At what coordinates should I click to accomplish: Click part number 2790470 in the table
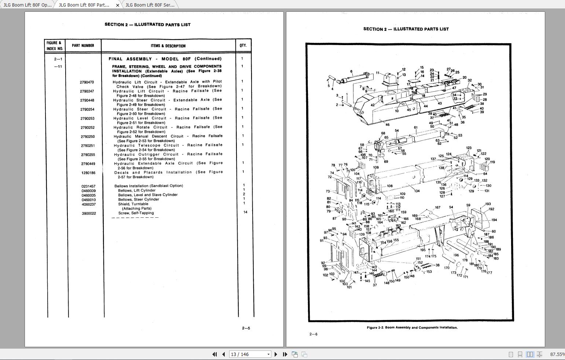(x=87, y=82)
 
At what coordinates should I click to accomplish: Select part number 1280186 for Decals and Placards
(x=88, y=173)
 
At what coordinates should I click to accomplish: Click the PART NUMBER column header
(x=83, y=45)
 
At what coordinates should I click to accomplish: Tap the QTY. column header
(x=243, y=45)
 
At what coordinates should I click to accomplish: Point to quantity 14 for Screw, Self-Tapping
(x=245, y=212)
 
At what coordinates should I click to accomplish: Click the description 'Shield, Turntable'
(x=133, y=204)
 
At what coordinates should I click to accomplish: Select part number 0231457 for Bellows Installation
(x=88, y=186)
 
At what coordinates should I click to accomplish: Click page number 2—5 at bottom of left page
(x=246, y=328)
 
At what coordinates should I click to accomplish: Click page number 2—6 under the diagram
(x=313, y=334)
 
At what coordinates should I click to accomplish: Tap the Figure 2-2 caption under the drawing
(x=412, y=328)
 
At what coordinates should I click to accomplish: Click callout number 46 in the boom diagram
(x=387, y=125)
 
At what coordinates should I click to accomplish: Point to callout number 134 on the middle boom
(x=417, y=191)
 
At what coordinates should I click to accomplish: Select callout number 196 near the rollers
(x=456, y=255)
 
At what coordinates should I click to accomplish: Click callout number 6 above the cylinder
(x=351, y=72)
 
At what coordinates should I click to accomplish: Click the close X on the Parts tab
(x=117, y=5)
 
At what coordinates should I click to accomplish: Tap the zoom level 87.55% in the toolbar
(x=557, y=354)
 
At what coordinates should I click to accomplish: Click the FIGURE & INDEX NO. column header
(x=55, y=45)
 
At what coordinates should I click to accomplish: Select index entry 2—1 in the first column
(x=58, y=59)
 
